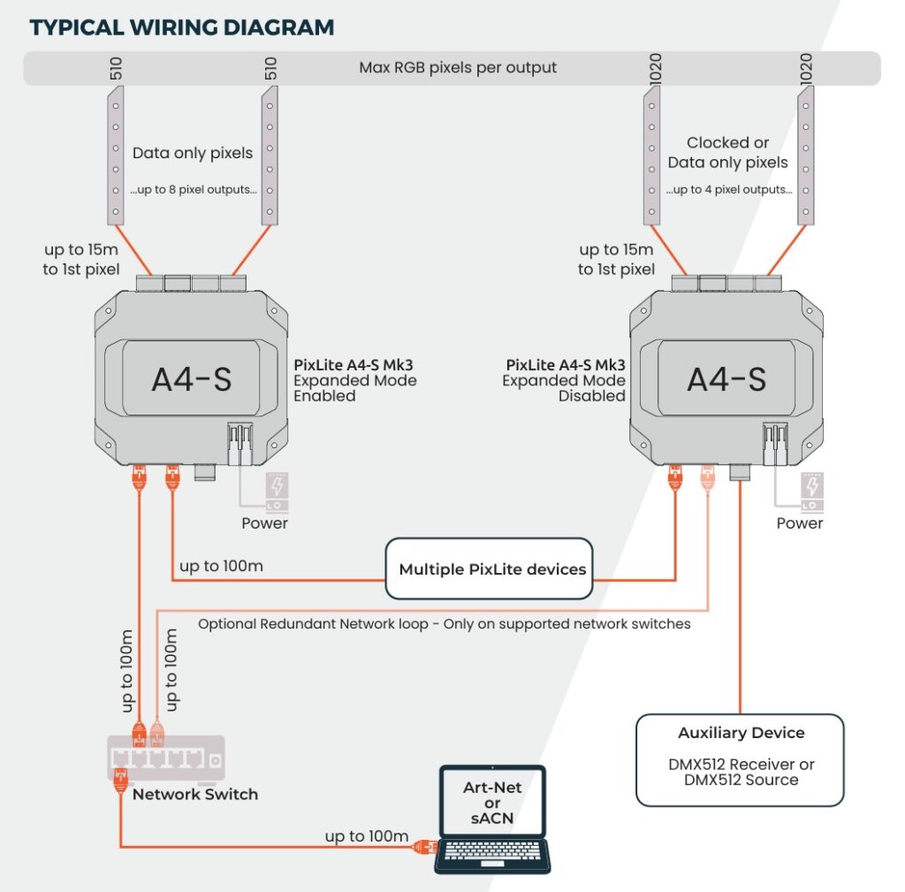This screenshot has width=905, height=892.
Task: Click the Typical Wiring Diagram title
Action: pos(182,27)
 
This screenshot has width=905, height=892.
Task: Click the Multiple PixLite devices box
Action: pos(491,568)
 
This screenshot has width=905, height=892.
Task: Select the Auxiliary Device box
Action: pos(741,759)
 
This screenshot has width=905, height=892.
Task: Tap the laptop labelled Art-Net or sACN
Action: pos(492,819)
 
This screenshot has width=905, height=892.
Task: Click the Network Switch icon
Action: pos(166,759)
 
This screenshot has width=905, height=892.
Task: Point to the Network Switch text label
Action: pos(195,794)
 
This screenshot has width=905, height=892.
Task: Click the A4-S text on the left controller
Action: pos(191,378)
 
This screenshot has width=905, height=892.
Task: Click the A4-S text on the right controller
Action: pos(726,378)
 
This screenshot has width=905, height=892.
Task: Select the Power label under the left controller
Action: pos(264,522)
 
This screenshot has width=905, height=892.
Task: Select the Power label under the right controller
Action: pos(799,522)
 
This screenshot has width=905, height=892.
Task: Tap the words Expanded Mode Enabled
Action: pos(354,388)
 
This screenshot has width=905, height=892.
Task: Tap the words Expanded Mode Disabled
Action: pos(564,388)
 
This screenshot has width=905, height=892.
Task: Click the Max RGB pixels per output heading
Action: pos(458,68)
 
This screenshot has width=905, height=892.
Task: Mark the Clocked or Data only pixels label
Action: pos(727,152)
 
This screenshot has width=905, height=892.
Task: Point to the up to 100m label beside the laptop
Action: pos(366,835)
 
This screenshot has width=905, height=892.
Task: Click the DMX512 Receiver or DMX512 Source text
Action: pos(741,772)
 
